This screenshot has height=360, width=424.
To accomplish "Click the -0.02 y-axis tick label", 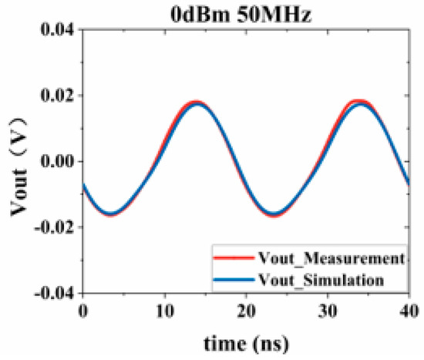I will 52,228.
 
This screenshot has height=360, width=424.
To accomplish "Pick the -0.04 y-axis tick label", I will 52,294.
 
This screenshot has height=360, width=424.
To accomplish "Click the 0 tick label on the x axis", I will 82,310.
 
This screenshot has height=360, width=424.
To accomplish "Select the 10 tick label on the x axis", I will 164,310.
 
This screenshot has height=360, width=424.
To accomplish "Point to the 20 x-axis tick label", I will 246,310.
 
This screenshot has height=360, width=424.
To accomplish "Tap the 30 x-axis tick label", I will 328,310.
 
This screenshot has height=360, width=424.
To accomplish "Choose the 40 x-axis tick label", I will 409,310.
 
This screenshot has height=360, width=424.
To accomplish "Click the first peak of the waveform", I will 196,103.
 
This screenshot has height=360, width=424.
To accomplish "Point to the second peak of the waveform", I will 359,103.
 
